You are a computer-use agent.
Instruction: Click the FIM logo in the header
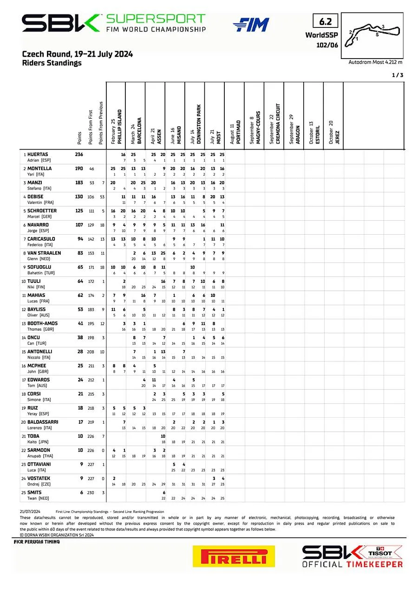point(251,25)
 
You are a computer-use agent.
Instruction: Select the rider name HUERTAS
point(38,154)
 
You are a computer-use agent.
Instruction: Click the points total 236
point(79,154)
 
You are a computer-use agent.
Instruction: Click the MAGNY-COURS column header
point(257,122)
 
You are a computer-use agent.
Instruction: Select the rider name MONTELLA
point(39,169)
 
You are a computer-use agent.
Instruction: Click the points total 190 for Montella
point(79,169)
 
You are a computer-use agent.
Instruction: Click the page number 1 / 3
point(398,75)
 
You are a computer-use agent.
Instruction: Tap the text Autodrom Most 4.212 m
point(375,62)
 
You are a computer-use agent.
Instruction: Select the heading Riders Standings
point(52,63)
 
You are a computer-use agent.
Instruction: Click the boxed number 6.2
point(325,21)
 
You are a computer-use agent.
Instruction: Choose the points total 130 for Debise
point(79,197)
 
